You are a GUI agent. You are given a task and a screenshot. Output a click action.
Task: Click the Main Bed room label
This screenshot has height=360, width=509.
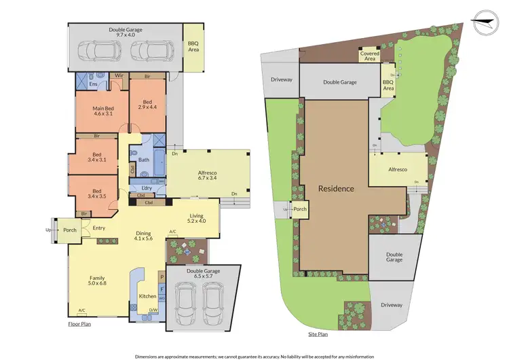(x=102, y=111)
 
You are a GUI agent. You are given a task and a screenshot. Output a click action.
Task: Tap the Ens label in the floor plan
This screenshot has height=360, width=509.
(x=85, y=86)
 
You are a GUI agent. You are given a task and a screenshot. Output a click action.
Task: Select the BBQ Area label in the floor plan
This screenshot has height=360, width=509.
(x=193, y=46)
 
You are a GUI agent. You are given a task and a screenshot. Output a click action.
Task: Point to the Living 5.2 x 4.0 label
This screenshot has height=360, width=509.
(x=197, y=219)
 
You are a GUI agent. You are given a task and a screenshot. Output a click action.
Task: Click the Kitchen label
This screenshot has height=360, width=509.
(x=147, y=297)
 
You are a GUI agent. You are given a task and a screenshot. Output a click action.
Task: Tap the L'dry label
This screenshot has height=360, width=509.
(x=146, y=187)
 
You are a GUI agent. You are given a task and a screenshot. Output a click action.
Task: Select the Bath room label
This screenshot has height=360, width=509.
(x=144, y=160)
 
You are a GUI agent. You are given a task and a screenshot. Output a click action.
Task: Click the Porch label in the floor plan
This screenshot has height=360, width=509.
(x=70, y=230)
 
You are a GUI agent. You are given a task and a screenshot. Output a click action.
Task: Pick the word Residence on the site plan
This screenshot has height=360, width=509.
(x=337, y=189)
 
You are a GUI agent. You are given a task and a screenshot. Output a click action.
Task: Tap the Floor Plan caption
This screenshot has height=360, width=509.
(x=79, y=325)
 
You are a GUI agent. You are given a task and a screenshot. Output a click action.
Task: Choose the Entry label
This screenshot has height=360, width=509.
(x=98, y=228)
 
